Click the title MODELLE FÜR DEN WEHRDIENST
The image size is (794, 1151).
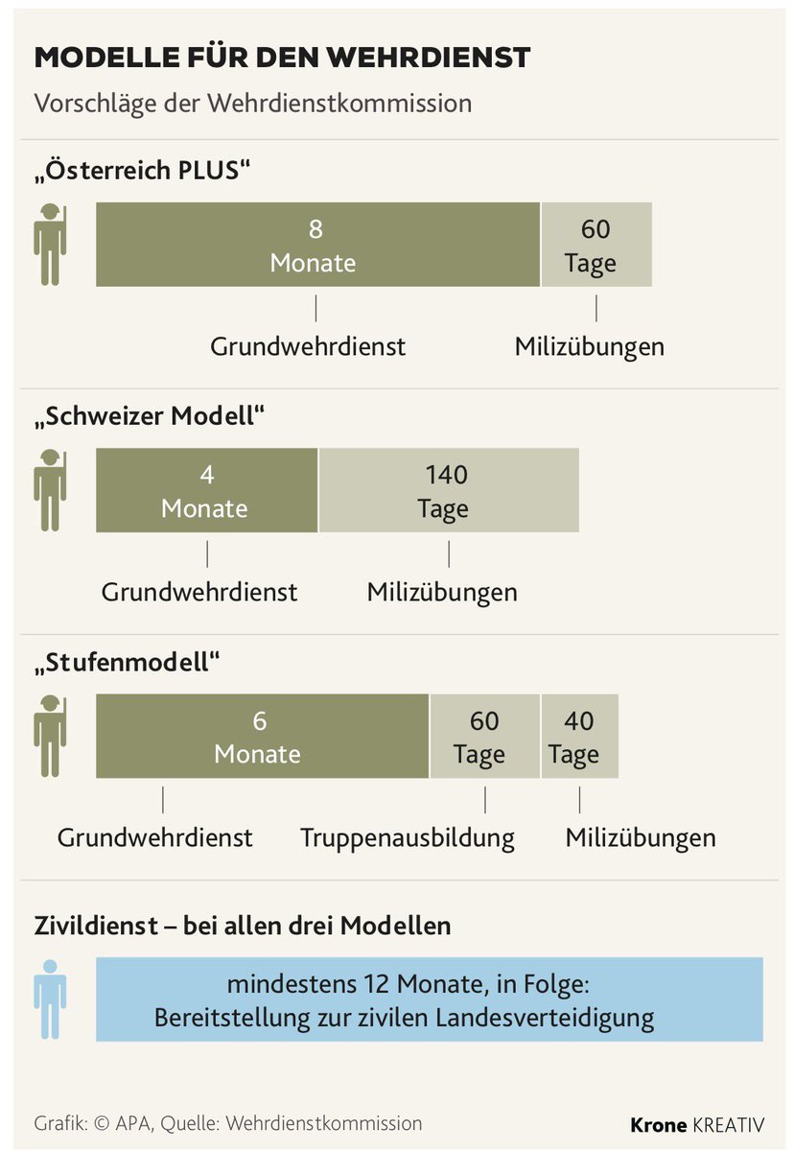[x=282, y=58]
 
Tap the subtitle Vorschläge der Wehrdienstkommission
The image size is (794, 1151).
[x=252, y=103]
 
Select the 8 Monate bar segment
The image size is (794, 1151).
[x=317, y=245]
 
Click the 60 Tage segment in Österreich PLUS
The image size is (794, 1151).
[x=595, y=245]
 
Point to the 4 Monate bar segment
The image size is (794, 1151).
[x=206, y=490]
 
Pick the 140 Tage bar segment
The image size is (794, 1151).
[x=448, y=490]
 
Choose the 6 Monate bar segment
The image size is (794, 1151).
[x=262, y=736]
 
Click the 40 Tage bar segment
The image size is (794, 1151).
[x=579, y=736]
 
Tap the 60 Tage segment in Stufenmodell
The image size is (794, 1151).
[x=484, y=736]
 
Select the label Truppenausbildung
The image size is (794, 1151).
[x=408, y=837]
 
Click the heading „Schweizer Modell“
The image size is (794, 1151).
[x=149, y=416]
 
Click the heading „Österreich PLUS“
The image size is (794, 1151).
[x=141, y=171]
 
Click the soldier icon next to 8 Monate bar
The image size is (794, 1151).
[x=50, y=245]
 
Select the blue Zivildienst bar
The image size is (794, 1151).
[x=429, y=999]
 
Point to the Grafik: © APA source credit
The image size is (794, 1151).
[x=227, y=1123]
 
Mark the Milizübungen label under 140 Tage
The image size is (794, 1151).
[x=442, y=592]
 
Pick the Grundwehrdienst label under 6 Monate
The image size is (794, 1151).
[x=155, y=837]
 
